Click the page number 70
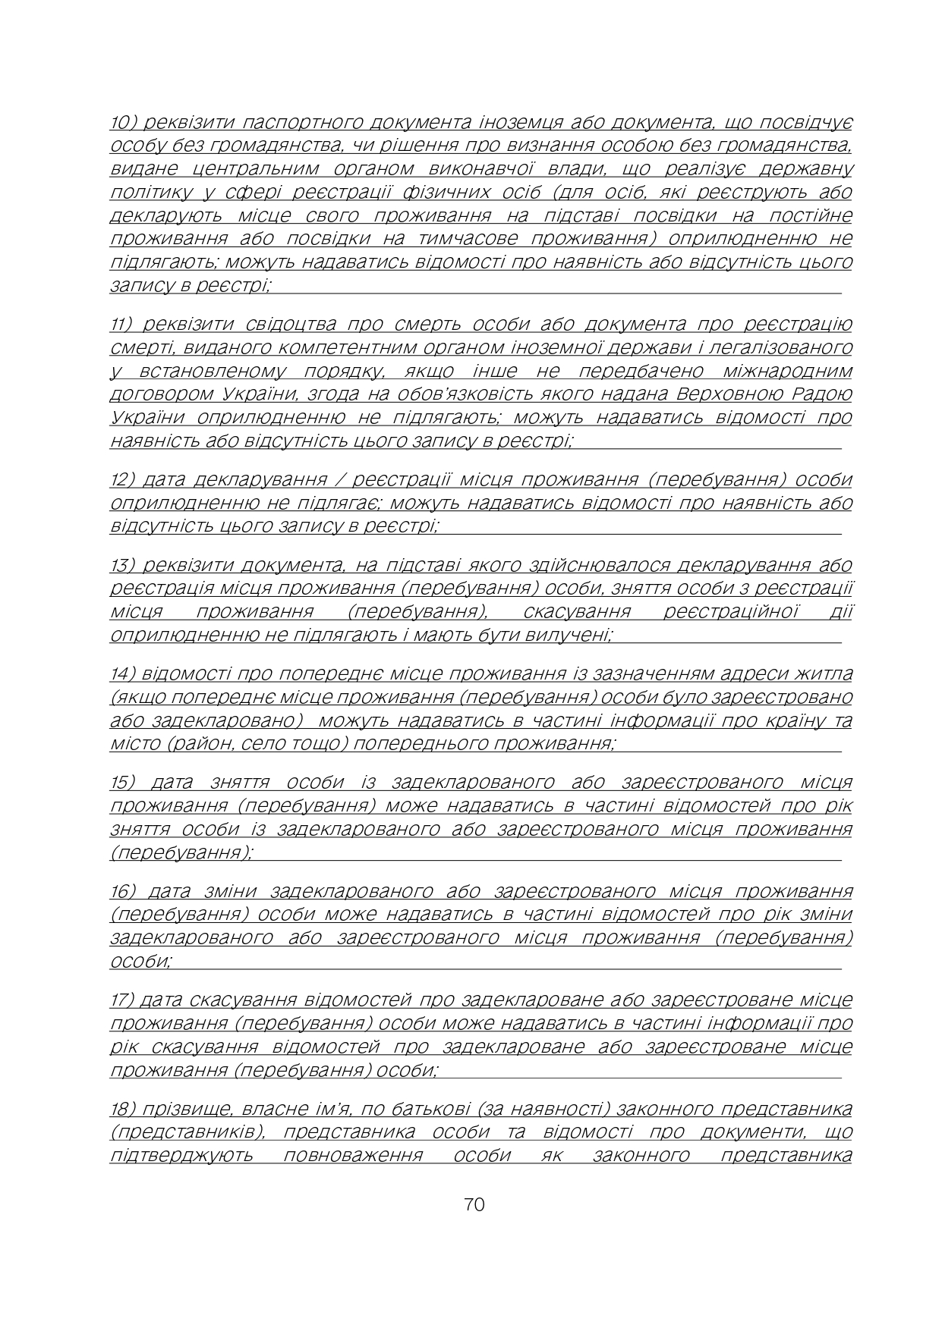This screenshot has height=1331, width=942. pos(474,1204)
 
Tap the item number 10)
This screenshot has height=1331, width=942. pos(124,122)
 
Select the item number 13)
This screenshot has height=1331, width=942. pos(123,565)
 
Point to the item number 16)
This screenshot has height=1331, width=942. pos(123,890)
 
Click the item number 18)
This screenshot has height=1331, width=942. pos(123,1109)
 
